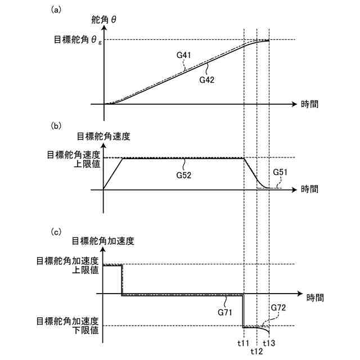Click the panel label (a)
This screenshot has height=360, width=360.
[x=56, y=10]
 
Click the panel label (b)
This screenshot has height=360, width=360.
[x=56, y=126]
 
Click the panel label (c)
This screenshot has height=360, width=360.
[x=56, y=231]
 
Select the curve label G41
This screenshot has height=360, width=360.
[x=183, y=56]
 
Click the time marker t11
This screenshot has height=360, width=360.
[x=243, y=343]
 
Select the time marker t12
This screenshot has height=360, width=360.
[x=256, y=351]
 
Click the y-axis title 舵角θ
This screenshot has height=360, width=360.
[x=105, y=20]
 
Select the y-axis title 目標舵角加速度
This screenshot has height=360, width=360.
[x=103, y=241]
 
